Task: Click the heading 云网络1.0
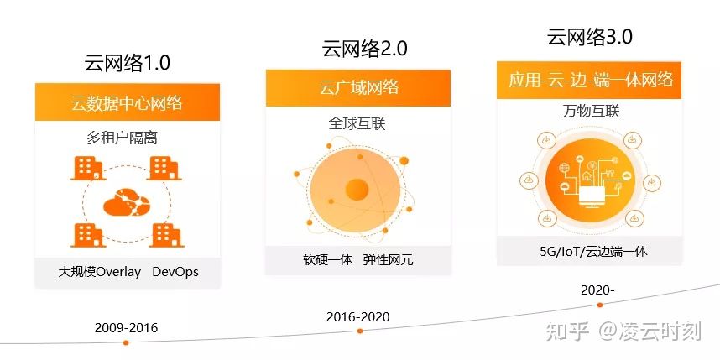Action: point(128,63)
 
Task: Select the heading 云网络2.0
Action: point(364,48)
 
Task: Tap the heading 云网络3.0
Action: point(590,37)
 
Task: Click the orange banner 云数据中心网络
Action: point(128,102)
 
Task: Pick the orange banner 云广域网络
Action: point(358,88)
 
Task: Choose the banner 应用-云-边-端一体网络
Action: point(589,80)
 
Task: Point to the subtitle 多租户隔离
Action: point(123,138)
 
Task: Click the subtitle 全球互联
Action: point(357,123)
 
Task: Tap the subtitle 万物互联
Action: point(591,111)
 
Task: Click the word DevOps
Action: point(175,272)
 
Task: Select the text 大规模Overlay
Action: point(99,272)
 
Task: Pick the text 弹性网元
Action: point(388,260)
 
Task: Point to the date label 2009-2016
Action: point(126,328)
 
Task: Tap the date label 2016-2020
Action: point(358,317)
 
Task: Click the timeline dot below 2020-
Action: point(600,305)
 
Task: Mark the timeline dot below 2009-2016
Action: point(126,342)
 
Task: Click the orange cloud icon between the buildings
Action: point(127,201)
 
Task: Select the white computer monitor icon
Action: point(591,196)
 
